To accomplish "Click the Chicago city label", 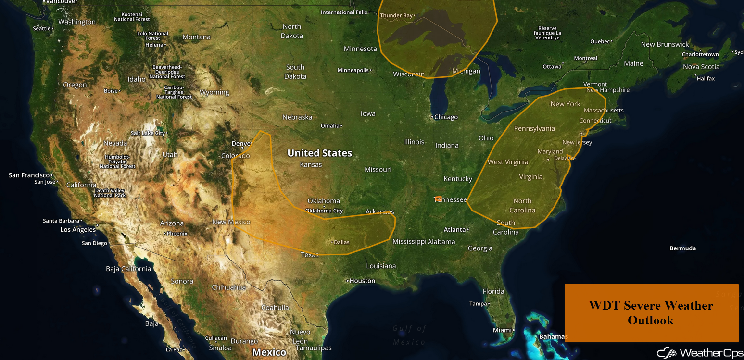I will [x=446, y=117].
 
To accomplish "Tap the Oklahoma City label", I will [x=324, y=211].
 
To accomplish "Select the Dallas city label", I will [x=341, y=242].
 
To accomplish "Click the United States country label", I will [x=319, y=153].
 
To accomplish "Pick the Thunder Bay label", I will [x=396, y=16].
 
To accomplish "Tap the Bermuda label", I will [x=682, y=248].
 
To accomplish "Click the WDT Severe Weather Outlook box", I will [x=651, y=312].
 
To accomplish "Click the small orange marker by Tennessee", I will [x=438, y=198].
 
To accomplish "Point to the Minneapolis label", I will [x=353, y=70].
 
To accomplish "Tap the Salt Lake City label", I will [x=148, y=133].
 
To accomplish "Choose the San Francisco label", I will [x=29, y=175].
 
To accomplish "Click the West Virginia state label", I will [x=508, y=162].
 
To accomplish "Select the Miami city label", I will [x=502, y=330].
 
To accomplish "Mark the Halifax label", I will [x=706, y=78].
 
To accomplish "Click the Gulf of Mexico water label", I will [x=409, y=335].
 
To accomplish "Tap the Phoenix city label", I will [x=177, y=234].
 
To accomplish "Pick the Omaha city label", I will [x=330, y=126].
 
